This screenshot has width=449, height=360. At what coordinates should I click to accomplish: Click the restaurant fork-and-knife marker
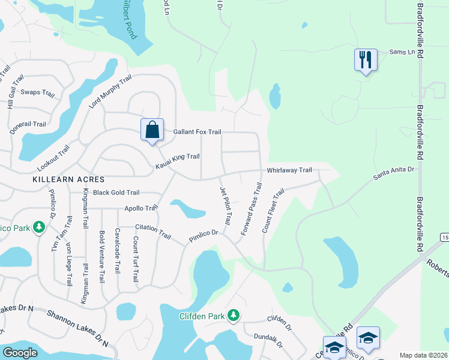tap(366, 60)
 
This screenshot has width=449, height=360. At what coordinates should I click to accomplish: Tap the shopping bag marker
tap(152, 129)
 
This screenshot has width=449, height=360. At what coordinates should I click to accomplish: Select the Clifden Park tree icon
tap(234, 316)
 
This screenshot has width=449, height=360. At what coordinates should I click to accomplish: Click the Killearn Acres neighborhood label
tap(68, 179)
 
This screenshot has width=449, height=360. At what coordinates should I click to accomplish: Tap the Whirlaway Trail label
tap(289, 170)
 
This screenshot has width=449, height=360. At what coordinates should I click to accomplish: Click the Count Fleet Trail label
tap(273, 211)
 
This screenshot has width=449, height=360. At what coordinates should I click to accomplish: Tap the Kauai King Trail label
tap(177, 157)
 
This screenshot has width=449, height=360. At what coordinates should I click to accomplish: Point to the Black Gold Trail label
tap(116, 193)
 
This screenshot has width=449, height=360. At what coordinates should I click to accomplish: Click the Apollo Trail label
tap(141, 208)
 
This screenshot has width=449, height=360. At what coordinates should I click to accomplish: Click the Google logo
tap(20, 353)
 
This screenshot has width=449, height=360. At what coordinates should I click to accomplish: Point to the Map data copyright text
tap(422, 355)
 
